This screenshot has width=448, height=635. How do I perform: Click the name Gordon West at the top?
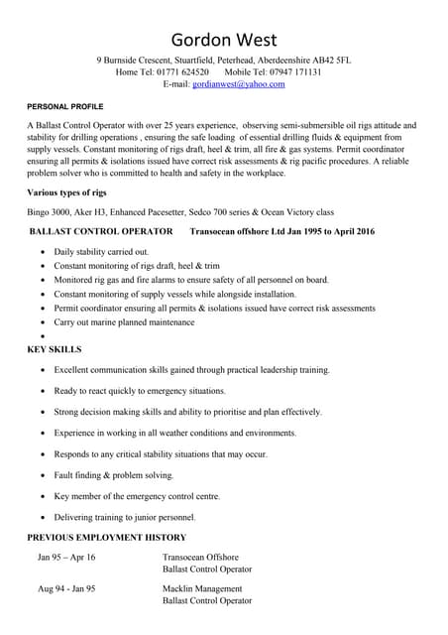[x=224, y=40]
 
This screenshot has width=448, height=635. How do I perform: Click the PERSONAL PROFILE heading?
[x=64, y=106]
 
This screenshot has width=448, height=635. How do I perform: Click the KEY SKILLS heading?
[x=55, y=349]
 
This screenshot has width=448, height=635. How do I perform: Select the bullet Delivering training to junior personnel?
[x=125, y=517]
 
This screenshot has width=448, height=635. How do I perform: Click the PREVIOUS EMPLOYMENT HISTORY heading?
[x=106, y=538]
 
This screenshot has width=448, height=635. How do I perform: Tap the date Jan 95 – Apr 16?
[x=67, y=558]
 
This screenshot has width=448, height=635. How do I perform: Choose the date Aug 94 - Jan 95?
[x=66, y=589]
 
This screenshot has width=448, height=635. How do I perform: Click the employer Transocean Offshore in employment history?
[x=200, y=558]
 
